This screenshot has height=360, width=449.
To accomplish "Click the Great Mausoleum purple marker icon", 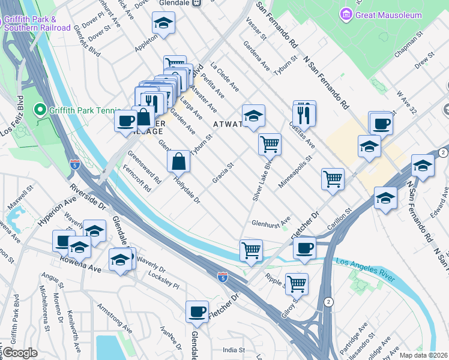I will coord(346,14).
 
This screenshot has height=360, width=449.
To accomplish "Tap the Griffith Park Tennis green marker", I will coord(40,110).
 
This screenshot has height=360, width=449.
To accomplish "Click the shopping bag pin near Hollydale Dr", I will coord(179,161).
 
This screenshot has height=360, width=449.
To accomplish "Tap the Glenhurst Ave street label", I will coord(271,221).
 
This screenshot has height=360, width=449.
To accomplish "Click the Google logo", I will coord(20,353).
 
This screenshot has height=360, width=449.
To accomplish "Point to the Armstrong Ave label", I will coord(115,319).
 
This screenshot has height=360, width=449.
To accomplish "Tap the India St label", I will coord(234,350).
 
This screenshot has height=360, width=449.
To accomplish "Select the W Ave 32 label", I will coord(406,103).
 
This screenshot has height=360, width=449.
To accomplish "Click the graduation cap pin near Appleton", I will coord(162,25).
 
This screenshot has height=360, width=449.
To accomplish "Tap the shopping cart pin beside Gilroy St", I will coord(297,283).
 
